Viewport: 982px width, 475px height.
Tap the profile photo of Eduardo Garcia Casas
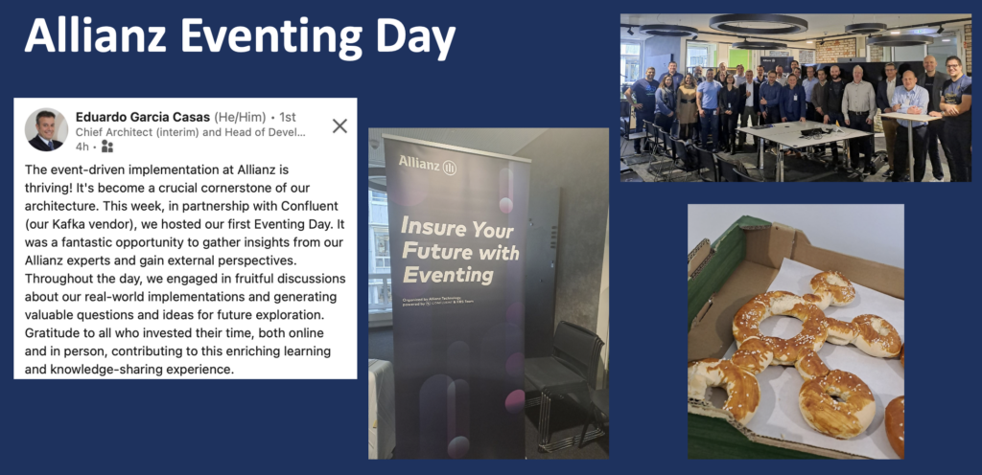coord(45,128)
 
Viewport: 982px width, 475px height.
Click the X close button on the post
coord(339,125)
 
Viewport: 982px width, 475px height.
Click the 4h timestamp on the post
coord(82,147)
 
